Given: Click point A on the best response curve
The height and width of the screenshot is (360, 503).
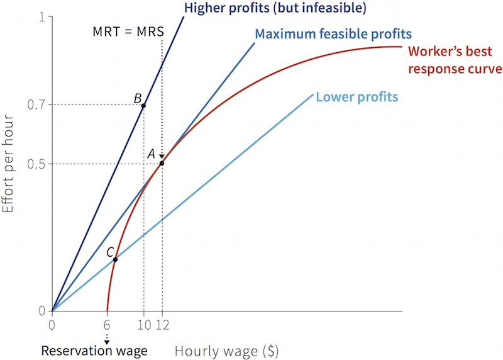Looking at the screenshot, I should (x=162, y=164).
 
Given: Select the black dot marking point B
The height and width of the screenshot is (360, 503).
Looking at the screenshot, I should (x=143, y=105).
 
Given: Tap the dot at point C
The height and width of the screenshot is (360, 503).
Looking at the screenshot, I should (x=115, y=259).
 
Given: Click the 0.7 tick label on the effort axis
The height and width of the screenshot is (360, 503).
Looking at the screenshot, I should (x=36, y=104).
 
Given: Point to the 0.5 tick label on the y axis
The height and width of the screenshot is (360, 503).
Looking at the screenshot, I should (x=36, y=164).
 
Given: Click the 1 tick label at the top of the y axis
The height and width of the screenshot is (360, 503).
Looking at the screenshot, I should (x=42, y=18).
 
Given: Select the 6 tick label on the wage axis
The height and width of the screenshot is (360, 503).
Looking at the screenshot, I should (x=108, y=325).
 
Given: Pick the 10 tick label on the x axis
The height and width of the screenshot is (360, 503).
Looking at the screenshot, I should (x=143, y=325).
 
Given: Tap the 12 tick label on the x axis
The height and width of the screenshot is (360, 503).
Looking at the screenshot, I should (x=162, y=325).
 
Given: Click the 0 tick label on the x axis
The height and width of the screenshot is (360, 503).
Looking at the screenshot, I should (x=52, y=325).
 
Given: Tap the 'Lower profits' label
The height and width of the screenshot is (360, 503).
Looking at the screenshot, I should (x=357, y=98).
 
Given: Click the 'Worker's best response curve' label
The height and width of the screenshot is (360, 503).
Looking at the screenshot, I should (x=455, y=60).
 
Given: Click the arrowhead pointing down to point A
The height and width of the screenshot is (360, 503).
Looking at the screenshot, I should (x=162, y=157).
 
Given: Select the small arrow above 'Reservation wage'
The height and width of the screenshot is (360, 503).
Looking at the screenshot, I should (x=107, y=340).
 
